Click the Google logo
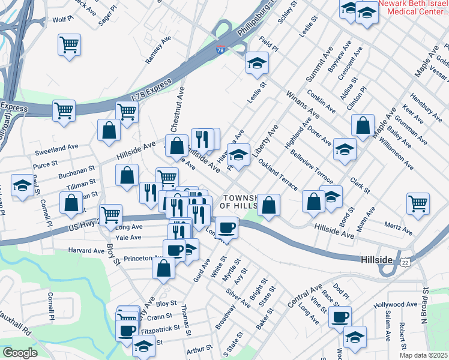coord(19,353)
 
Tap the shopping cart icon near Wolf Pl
coord(70,44)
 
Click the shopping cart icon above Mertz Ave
coord(418,202)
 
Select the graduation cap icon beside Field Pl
coord(257,62)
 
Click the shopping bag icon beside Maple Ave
coord(363,125)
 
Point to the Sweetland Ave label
coord(56,146)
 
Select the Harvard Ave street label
coord(86,250)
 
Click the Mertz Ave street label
coord(399,229)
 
